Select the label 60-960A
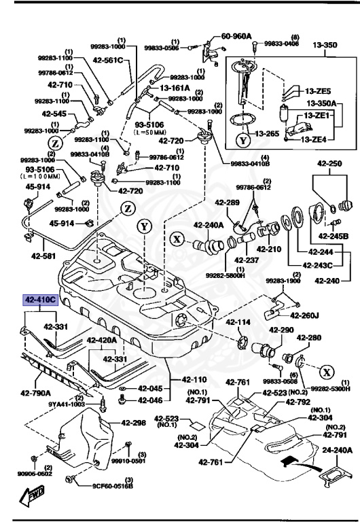[237, 36]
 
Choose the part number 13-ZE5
[317, 90]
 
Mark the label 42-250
[329, 164]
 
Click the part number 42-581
[44, 257]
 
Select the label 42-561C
[109, 60]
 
